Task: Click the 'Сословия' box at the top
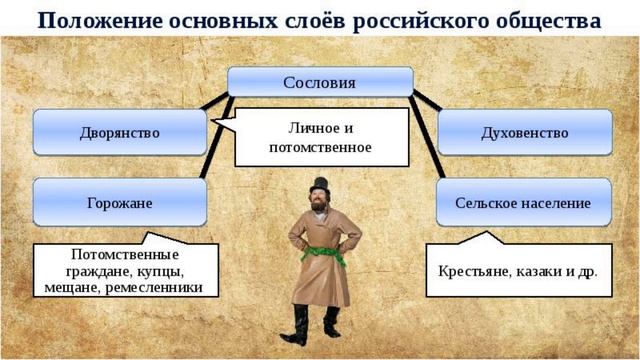click(320, 81)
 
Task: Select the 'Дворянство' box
click(119, 132)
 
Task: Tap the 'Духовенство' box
click(524, 132)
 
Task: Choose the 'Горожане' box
click(119, 203)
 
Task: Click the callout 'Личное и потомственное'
click(320, 137)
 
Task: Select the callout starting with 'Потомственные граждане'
click(124, 271)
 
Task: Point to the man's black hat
click(320, 186)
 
